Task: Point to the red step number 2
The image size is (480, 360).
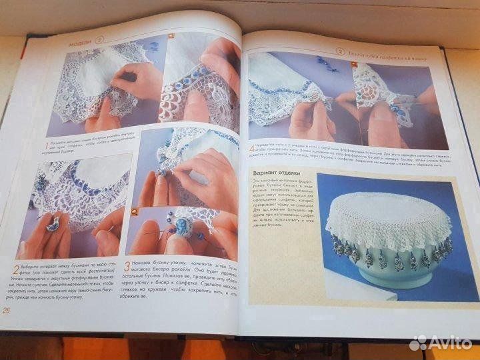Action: click(15, 273)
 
